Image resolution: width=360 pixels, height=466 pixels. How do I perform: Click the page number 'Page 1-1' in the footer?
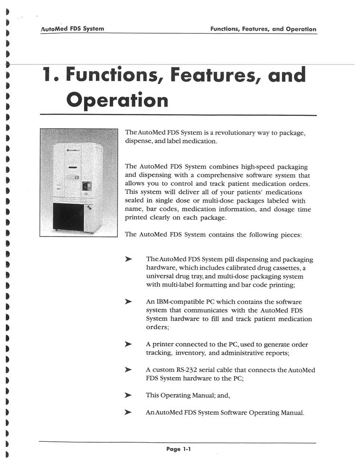pyautogui.click(x=178, y=449)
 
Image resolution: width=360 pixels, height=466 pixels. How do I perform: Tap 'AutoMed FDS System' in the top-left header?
pyautogui.click(x=72, y=29)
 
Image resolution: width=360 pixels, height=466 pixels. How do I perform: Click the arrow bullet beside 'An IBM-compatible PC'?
pyautogui.click(x=128, y=302)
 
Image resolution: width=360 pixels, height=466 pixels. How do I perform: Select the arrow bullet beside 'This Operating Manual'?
pyautogui.click(x=128, y=395)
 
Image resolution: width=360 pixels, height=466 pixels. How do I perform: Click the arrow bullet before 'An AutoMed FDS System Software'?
pyautogui.click(x=128, y=412)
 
